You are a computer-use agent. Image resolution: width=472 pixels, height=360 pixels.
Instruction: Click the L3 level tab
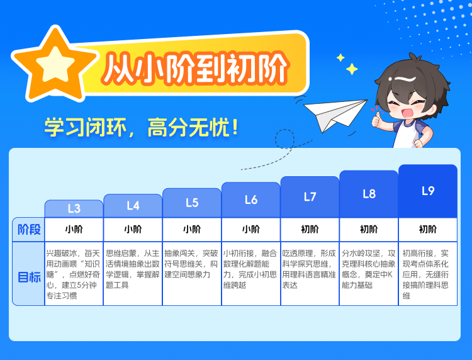coord(74,208)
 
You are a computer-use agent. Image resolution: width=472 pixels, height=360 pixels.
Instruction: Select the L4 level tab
coord(133,206)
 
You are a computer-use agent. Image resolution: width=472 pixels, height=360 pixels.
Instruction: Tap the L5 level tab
coord(192,203)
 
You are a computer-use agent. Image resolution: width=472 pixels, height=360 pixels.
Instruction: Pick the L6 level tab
coord(250,200)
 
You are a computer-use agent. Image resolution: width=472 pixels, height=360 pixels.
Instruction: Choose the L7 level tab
coord(310,196)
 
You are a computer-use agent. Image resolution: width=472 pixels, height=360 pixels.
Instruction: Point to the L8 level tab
coord(369,194)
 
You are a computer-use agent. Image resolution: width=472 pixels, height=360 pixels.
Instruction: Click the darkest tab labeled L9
coord(428,191)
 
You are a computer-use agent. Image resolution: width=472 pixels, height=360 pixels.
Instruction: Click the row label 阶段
coord(29,229)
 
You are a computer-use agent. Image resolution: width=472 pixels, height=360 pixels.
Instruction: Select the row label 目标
coord(29,277)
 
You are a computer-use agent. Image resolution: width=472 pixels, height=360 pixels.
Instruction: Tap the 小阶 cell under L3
coord(74,229)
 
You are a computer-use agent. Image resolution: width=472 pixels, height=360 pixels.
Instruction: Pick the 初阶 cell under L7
coord(310,229)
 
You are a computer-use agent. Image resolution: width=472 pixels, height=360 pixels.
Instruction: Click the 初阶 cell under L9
coord(428,229)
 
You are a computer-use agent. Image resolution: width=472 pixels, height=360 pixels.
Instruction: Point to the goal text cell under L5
coord(192,274)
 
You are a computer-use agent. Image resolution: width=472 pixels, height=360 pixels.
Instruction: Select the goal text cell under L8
coord(369,274)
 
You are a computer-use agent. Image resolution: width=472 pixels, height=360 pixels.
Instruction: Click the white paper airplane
coord(334,115)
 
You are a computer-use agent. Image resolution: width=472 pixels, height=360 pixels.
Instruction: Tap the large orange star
coord(55,65)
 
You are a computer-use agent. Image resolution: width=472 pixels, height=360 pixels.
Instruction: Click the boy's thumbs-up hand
coord(376,118)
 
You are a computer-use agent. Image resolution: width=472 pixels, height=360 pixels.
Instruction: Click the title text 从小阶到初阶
coord(196,69)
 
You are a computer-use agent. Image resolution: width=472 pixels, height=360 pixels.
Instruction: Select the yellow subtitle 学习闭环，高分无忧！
coord(142,127)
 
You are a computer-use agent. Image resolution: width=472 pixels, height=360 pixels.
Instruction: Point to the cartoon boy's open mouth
coord(407,113)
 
